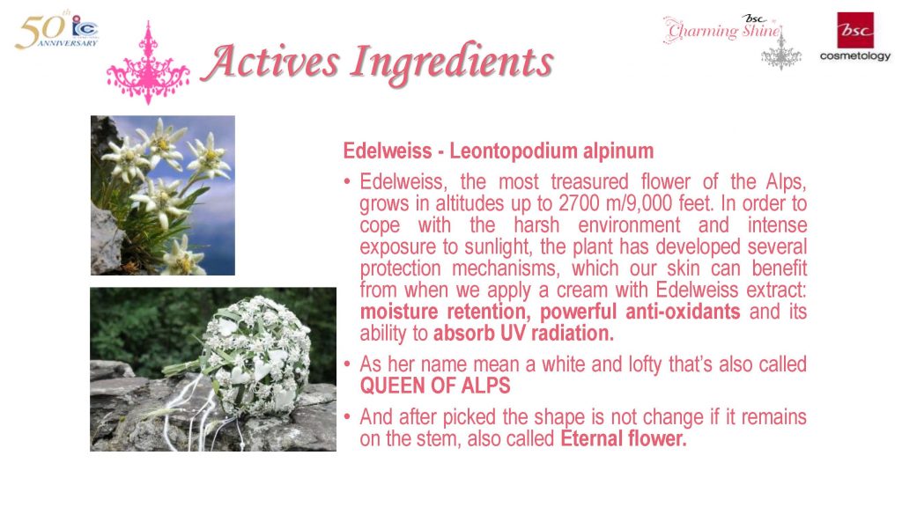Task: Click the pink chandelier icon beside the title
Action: [x=148, y=63]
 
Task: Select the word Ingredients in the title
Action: [x=452, y=63]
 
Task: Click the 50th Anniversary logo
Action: [x=56, y=31]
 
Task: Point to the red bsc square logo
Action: [x=855, y=30]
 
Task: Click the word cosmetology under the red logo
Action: [x=854, y=56]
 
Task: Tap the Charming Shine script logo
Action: [x=723, y=29]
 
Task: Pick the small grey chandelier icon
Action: [x=781, y=53]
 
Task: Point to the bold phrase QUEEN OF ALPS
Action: [x=435, y=386]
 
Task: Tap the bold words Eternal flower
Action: [x=624, y=438]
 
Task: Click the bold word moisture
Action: [x=399, y=312]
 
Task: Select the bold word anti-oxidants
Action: [x=683, y=312]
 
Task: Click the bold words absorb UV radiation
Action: [x=523, y=334]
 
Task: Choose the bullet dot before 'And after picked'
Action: [x=347, y=416]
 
